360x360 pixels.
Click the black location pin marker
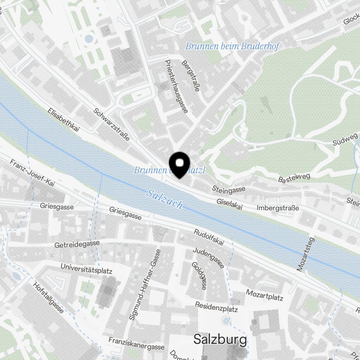tap(179, 164)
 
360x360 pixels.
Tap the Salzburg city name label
tap(220, 339)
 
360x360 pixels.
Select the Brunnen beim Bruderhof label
tap(232, 46)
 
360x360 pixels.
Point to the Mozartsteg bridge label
tap(305, 254)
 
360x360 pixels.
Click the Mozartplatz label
tap(265, 295)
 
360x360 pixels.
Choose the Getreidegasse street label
tap(77, 244)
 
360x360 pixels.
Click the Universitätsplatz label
tap(87, 269)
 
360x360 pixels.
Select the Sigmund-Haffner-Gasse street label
tap(145, 284)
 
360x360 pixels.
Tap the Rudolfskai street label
tap(209, 238)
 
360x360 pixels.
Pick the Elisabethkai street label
tap(63, 121)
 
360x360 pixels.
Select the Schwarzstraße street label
tap(111, 124)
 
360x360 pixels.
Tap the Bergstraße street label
tap(191, 76)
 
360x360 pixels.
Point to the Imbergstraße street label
tap(278, 208)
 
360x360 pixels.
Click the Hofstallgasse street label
tap(48, 297)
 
